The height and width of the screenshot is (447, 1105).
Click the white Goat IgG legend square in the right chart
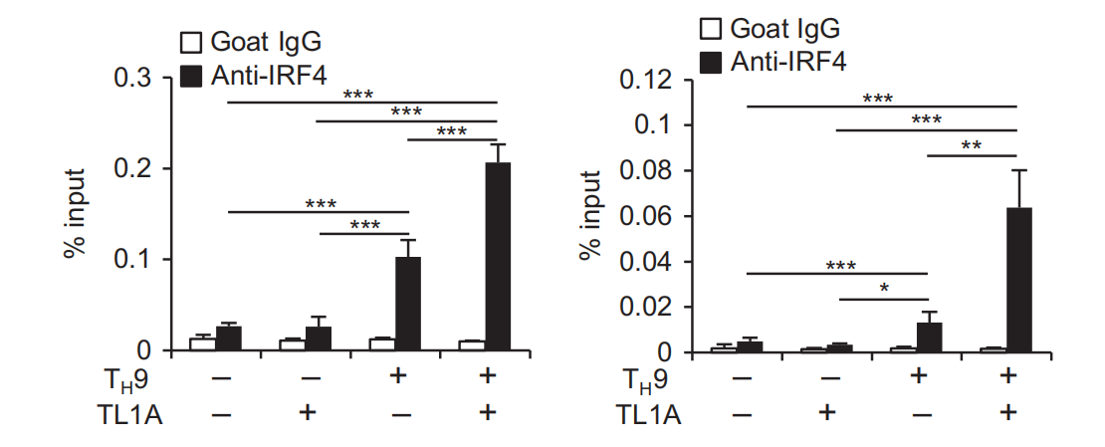[710, 30]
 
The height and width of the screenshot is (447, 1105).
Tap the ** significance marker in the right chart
[972, 146]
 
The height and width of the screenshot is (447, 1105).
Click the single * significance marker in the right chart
[884, 289]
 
